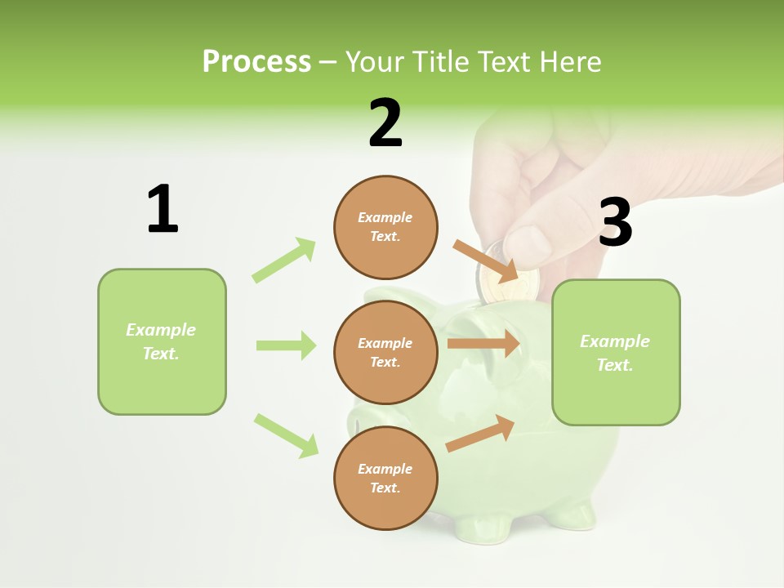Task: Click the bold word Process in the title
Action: [x=256, y=61]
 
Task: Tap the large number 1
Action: [x=163, y=209]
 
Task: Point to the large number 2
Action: [x=385, y=122]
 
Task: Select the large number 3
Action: [x=615, y=222]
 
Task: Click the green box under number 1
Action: [x=162, y=341]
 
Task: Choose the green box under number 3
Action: [x=616, y=352]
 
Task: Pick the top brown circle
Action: [x=385, y=227]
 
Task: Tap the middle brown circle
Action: [x=385, y=352]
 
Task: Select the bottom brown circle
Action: [x=385, y=478]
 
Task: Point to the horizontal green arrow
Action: [x=286, y=345]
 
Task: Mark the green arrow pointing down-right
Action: [x=286, y=435]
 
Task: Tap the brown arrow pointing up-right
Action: [x=480, y=434]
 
